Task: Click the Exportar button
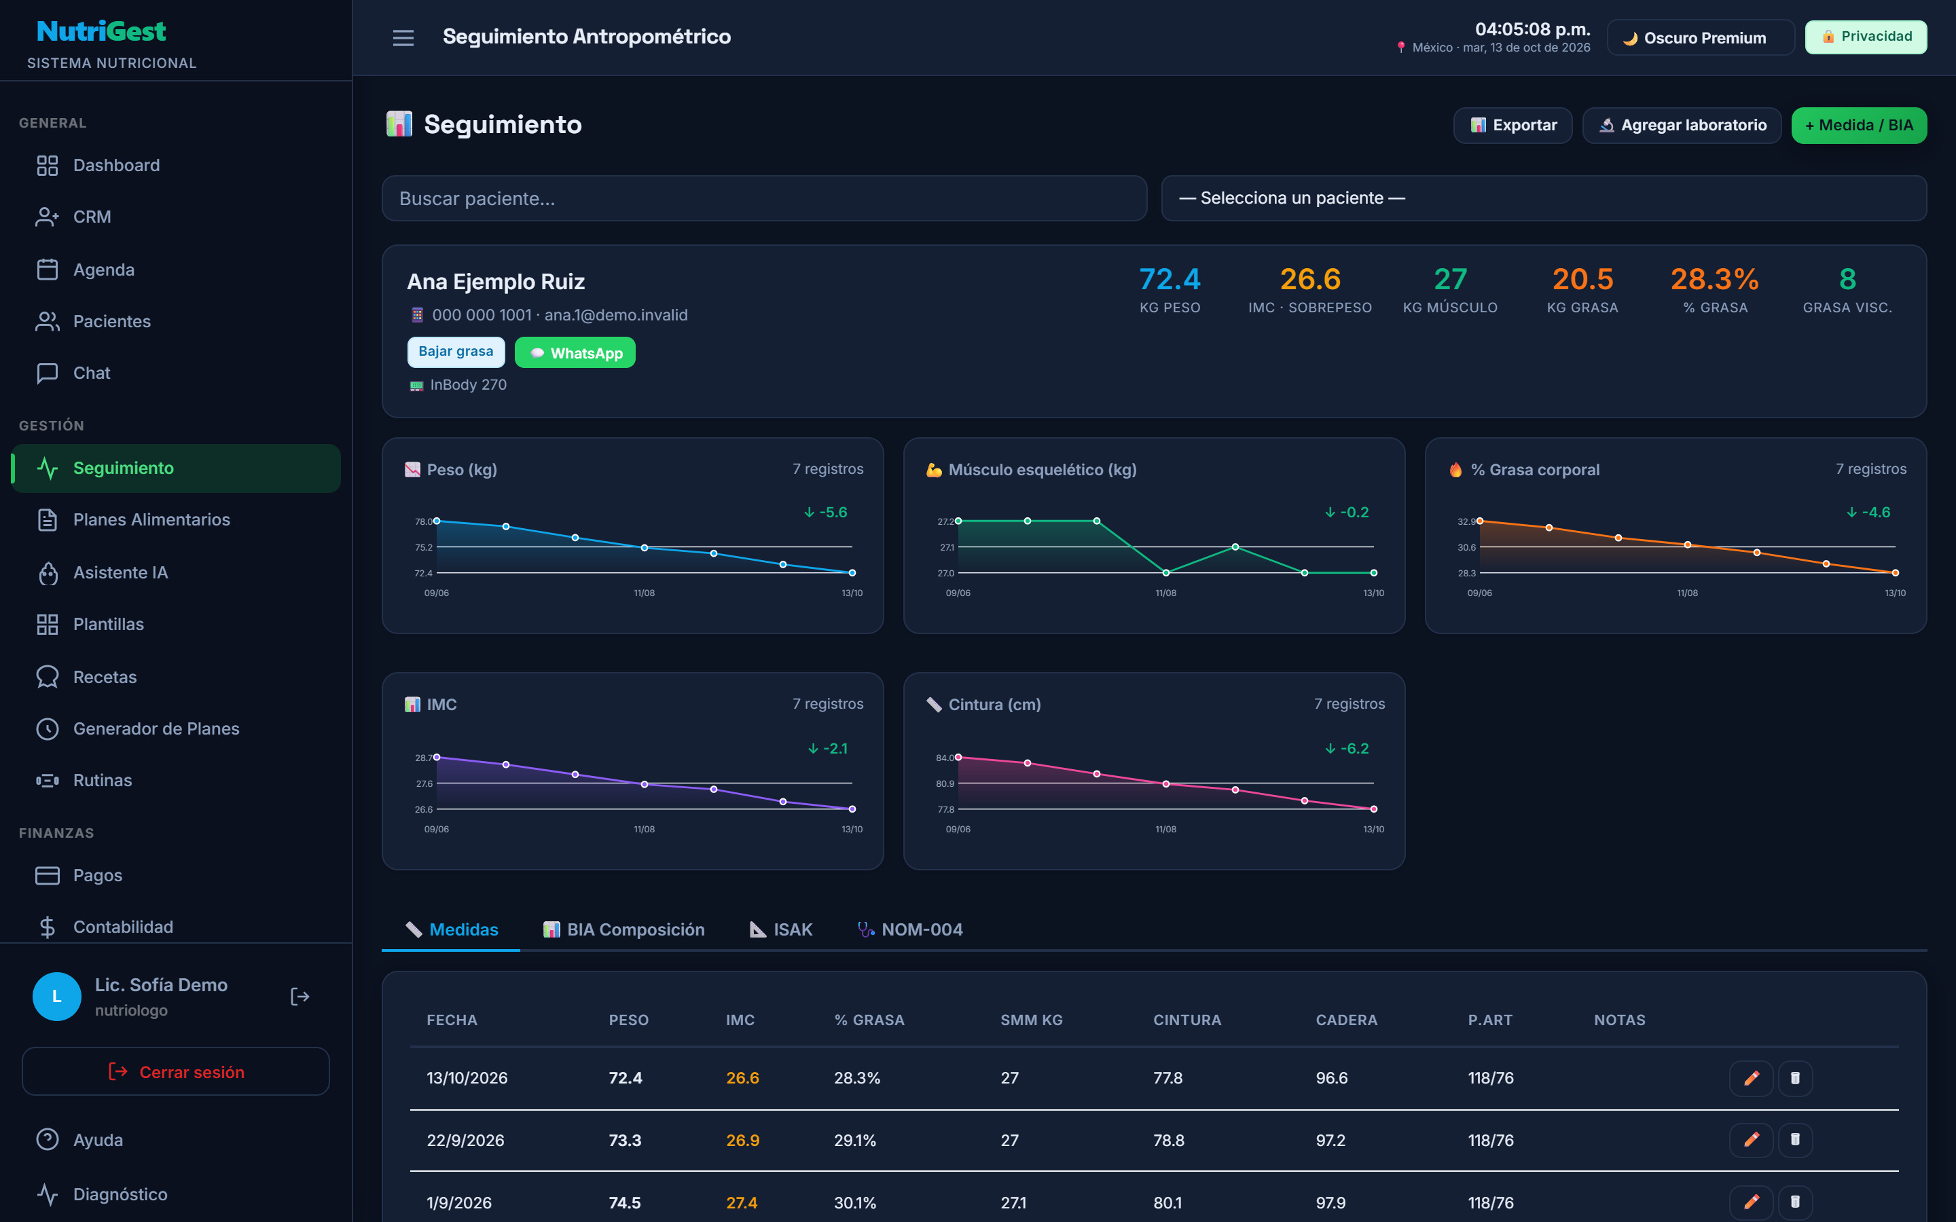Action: pos(1513,126)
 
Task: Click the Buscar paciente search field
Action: pos(764,198)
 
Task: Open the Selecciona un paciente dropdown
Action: pos(1544,198)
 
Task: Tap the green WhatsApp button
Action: pos(575,352)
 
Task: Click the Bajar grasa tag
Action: pos(456,352)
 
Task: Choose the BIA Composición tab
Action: pos(624,929)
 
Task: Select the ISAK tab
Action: pos(781,929)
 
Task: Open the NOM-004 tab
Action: pos(910,929)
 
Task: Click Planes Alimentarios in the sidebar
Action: pos(151,519)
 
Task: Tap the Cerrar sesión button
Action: pos(175,1072)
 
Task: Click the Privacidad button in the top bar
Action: pos(1866,37)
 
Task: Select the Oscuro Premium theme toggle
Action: pos(1700,37)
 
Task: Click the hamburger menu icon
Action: pos(403,37)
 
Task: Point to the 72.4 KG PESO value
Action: pos(1170,279)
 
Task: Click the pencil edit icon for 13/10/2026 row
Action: pos(1752,1078)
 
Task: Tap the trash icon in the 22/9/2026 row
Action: pos(1795,1140)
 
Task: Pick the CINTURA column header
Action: pos(1187,1020)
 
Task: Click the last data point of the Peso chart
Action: pos(852,573)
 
